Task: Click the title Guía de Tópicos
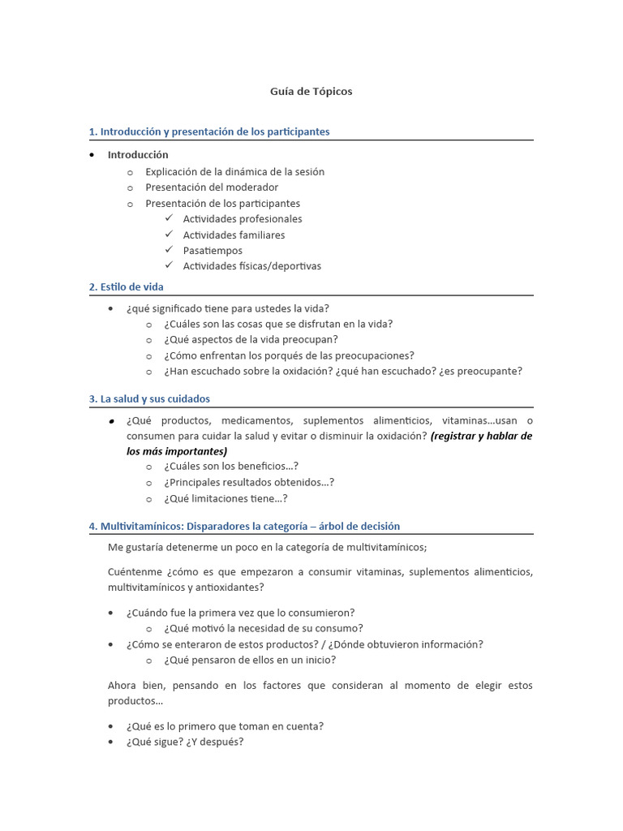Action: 311,92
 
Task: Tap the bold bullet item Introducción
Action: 138,154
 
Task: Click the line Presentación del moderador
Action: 212,187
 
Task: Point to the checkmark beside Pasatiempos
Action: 169,250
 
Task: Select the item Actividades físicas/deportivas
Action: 251,266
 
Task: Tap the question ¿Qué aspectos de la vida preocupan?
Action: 251,339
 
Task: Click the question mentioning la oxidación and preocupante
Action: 342,371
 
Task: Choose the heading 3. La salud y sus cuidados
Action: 149,398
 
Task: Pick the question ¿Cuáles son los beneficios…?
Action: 230,466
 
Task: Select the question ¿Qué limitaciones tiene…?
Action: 225,498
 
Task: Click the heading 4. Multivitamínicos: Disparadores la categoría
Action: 243,526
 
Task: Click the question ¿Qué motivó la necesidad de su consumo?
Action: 263,628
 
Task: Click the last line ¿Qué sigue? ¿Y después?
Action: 184,742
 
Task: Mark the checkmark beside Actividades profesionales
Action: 169,218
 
